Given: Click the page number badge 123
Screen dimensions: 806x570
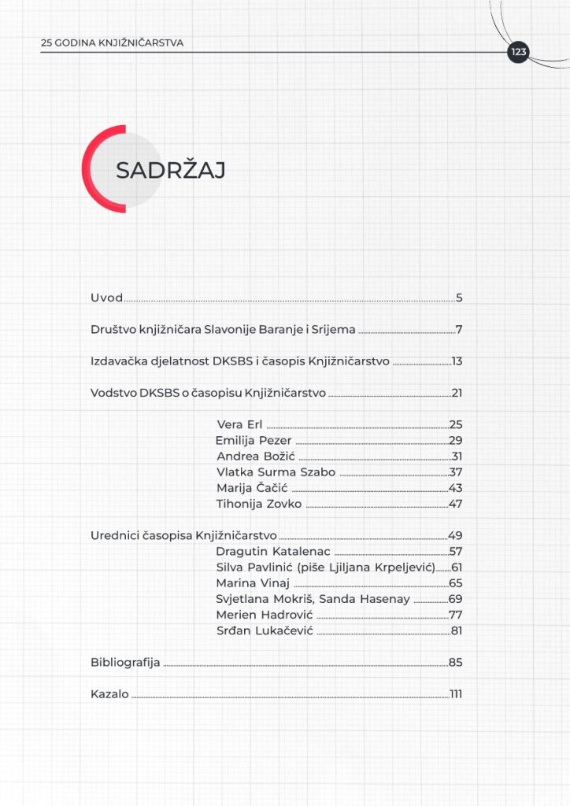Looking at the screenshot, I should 518,53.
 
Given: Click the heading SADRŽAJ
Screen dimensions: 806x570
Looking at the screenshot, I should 171,171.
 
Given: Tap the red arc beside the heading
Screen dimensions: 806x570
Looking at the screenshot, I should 89,168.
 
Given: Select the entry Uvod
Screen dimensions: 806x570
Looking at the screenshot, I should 107,298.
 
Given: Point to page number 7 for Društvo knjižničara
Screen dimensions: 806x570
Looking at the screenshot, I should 458,330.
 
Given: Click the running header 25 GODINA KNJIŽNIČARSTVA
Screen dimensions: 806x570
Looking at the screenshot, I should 112,43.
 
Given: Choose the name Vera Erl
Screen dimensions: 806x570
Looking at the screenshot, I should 239,425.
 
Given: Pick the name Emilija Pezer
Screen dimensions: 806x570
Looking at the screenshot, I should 254,441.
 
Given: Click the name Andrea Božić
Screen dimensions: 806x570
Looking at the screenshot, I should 255,457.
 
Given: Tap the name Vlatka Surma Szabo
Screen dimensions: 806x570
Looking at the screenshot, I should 276,472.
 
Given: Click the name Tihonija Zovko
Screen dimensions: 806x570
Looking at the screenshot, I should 259,504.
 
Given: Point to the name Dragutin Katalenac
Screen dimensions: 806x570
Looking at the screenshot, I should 273,552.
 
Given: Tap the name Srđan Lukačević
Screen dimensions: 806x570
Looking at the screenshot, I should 265,630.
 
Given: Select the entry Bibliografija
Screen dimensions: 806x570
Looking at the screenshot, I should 126,663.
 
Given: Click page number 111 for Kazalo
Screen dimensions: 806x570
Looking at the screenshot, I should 456,694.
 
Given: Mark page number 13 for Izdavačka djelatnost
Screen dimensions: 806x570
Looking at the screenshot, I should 457,361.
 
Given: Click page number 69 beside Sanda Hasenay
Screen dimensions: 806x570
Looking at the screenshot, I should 455,599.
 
